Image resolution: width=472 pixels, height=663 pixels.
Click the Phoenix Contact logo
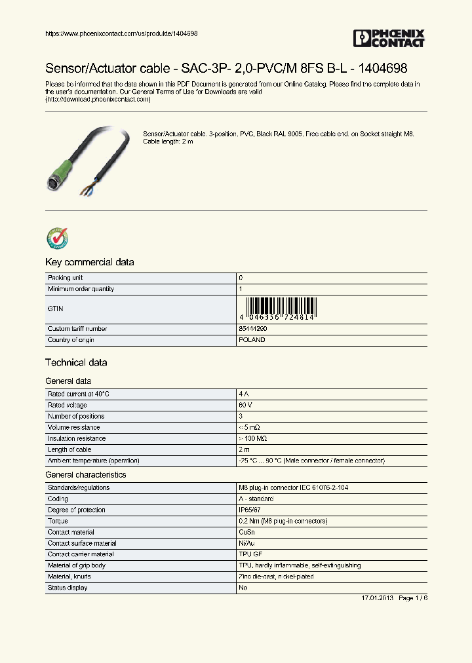(389, 38)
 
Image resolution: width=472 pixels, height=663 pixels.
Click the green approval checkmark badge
(57, 238)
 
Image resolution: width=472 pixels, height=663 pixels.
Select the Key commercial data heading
(89, 262)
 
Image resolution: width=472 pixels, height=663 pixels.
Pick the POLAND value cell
(252, 340)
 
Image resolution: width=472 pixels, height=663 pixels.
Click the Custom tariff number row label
(77, 329)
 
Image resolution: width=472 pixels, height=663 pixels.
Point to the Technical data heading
(76, 362)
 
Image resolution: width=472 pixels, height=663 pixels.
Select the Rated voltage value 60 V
(246, 405)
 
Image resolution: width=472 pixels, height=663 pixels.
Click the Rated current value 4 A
(244, 394)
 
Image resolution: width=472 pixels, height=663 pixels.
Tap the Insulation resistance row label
(76, 438)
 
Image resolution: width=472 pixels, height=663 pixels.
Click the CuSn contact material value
(248, 532)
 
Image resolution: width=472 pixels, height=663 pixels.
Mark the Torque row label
(58, 521)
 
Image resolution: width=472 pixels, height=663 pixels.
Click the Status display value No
(243, 588)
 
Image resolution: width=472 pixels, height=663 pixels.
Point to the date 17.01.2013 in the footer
(378, 599)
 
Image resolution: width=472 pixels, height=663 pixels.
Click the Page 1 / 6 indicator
(413, 599)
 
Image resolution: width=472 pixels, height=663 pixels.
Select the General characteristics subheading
(85, 474)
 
